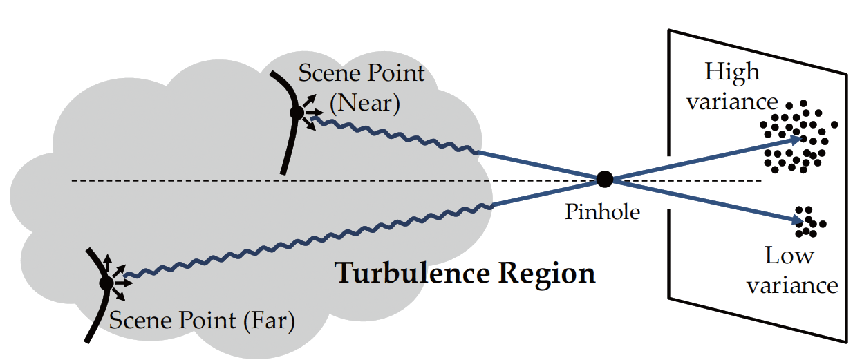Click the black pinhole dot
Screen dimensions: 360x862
pos(605,180)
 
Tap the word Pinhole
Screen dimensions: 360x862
pos(603,211)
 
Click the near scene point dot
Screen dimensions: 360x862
pos(297,112)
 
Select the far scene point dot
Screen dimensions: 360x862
pos(106,283)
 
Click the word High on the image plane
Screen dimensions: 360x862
pos(731,72)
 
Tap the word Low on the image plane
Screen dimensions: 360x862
pos(789,256)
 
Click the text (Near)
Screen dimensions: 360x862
pos(364,104)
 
